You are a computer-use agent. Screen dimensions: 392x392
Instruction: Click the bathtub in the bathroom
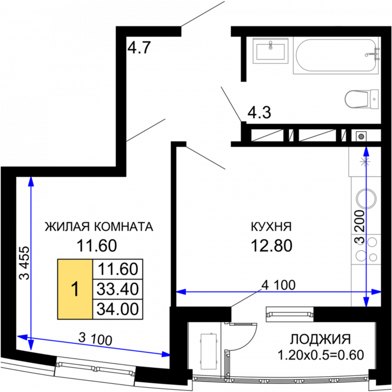point(336,56)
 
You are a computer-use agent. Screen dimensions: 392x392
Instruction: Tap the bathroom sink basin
point(270,50)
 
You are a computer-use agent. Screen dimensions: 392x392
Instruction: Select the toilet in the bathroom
point(362,99)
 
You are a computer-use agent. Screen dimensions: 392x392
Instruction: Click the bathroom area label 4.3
point(259,112)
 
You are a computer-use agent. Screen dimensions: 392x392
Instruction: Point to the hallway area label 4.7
point(139,48)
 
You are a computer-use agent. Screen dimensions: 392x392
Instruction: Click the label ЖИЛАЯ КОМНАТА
point(99,227)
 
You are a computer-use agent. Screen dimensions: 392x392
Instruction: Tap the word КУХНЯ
point(271,227)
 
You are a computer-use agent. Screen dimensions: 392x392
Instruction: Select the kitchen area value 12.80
point(271,245)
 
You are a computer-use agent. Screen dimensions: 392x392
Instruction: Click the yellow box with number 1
point(75,289)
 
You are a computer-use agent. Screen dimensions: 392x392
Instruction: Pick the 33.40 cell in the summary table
point(118,289)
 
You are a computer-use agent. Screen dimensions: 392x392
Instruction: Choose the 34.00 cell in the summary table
point(118,309)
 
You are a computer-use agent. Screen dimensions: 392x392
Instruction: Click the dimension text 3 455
point(25,263)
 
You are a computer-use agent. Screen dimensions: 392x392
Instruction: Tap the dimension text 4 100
point(278,285)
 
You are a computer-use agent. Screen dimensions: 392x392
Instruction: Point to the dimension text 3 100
point(95,339)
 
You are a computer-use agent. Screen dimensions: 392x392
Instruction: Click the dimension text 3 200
point(360,227)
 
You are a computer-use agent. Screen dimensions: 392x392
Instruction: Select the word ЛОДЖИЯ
point(320,339)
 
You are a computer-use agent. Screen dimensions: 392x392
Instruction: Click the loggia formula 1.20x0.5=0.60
point(321,355)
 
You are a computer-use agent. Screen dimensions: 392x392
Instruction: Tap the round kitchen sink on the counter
point(366,199)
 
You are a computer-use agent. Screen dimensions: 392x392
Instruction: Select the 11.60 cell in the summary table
point(118,269)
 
